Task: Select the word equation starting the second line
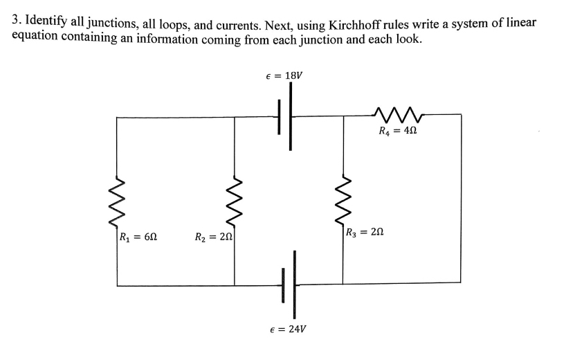pos(36,37)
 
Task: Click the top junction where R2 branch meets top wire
pos(235,118)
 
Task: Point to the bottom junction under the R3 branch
pos(343,284)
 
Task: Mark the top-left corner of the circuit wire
pos(117,118)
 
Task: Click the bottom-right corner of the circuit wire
pos(461,282)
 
